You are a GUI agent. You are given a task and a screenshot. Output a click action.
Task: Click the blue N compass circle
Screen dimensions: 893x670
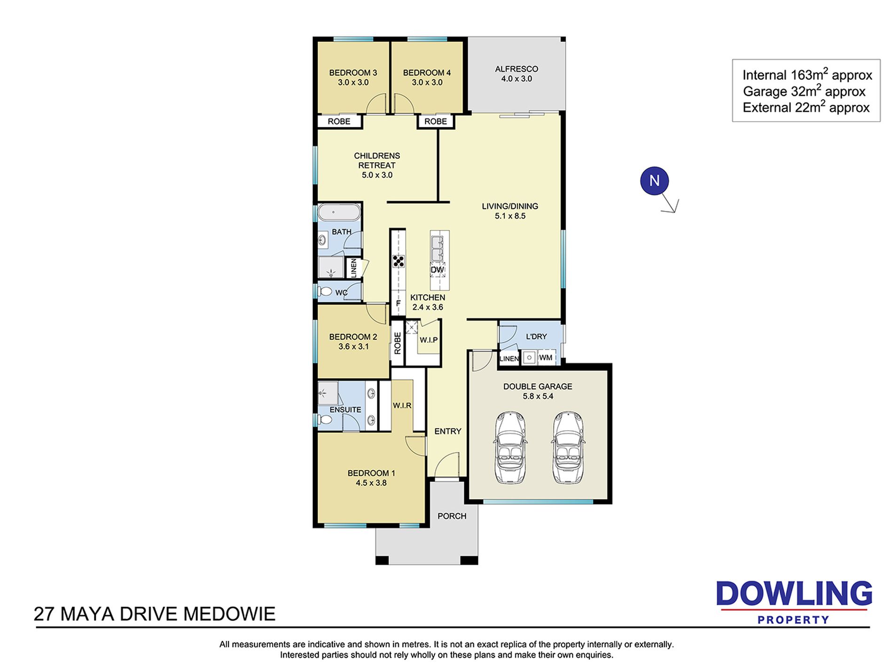tap(654, 181)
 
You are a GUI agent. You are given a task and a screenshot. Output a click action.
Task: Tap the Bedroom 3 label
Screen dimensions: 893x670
tap(353, 73)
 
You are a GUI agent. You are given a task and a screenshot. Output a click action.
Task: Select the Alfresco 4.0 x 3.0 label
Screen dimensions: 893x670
tap(517, 74)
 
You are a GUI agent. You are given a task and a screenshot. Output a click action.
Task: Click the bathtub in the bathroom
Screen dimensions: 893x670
tap(339, 212)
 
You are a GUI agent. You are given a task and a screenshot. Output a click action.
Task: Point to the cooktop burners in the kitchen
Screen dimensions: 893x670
tap(399, 261)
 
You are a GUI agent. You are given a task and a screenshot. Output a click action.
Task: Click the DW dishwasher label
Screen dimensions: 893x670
tap(438, 270)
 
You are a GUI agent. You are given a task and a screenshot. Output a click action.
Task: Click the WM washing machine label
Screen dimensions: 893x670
tap(546, 358)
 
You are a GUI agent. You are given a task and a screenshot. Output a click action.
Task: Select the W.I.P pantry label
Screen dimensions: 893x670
tap(429, 340)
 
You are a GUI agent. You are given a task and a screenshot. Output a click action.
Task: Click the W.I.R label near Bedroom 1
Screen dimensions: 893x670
tap(402, 405)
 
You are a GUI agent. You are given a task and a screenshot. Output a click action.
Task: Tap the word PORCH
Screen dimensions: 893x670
tap(452, 516)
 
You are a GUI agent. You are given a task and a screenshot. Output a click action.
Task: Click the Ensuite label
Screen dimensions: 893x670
tap(345, 410)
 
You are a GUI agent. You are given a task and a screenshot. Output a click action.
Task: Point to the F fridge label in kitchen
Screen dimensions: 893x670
tap(398, 303)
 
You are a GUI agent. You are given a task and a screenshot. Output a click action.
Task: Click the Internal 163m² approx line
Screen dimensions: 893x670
tap(807, 75)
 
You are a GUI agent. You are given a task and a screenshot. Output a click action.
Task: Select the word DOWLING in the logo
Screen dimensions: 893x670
tap(794, 594)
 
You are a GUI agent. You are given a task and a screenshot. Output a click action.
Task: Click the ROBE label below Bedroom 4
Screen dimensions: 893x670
tap(436, 122)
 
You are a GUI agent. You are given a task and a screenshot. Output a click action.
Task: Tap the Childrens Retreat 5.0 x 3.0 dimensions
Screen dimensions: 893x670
tap(377, 175)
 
